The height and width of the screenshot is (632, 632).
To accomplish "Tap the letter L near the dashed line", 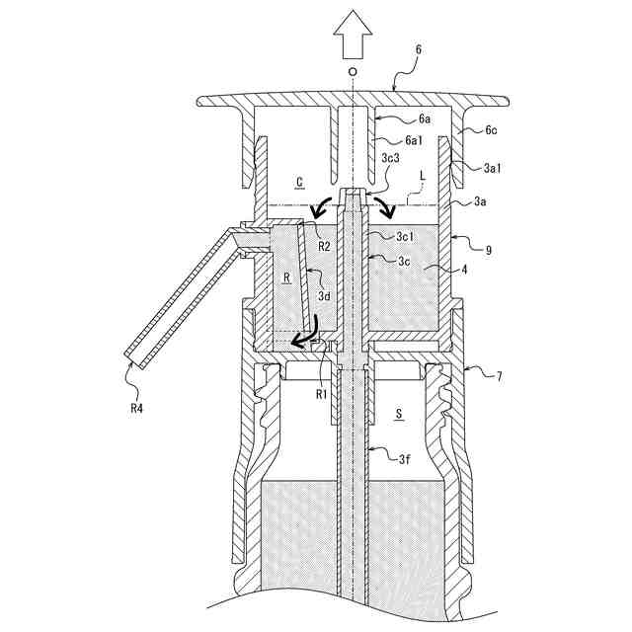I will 422,174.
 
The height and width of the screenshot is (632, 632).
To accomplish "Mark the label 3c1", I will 406,236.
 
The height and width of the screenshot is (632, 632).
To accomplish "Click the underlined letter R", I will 286,279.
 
